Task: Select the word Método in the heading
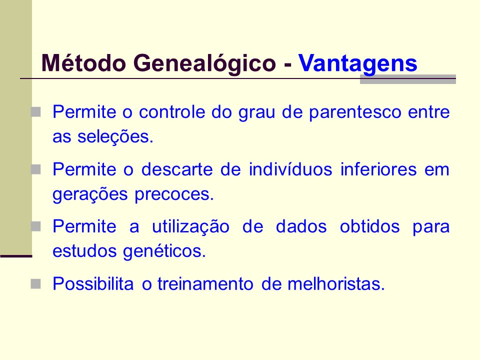[x=83, y=63]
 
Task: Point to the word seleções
[x=115, y=137]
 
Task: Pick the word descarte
[x=177, y=169]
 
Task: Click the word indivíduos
[x=290, y=169]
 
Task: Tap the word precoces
[x=174, y=194]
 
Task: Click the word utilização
[x=190, y=227]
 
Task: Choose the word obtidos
[x=370, y=226]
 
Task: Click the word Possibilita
[x=93, y=284]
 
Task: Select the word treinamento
[x=205, y=284]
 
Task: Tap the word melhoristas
[x=336, y=284]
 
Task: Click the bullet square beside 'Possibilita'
[x=36, y=284]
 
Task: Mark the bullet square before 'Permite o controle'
[x=36, y=111]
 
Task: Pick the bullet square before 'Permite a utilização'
[x=36, y=226]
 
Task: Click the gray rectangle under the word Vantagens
[x=408, y=79]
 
